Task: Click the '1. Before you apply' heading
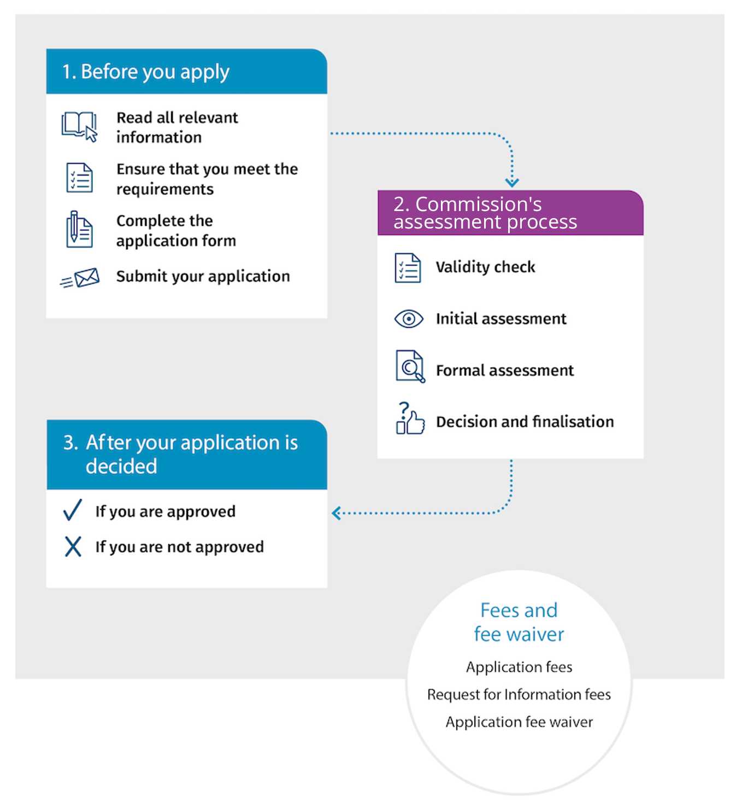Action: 146,72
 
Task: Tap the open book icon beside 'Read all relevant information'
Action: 79,126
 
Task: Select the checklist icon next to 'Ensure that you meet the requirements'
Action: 79,178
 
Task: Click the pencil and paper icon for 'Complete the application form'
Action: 79,230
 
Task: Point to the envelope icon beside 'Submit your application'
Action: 80,278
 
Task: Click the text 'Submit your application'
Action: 203,277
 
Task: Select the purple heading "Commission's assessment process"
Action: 485,213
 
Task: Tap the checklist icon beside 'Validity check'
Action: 408,268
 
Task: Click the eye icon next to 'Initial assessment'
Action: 409,319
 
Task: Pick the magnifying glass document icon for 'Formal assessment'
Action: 410,366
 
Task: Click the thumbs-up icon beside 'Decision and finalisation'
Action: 410,419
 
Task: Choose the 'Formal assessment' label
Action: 505,371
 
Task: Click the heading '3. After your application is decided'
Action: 181,454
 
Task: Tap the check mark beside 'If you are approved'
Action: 73,510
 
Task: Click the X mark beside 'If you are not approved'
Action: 73,546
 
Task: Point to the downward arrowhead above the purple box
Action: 512,183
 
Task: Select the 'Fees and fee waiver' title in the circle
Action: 519,622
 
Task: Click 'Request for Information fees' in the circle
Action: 519,694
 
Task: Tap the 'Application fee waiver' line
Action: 519,722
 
